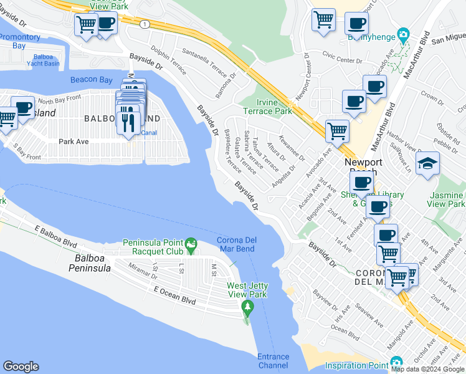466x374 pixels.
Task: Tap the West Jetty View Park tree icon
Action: pos(248,307)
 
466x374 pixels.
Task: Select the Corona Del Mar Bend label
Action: pos(235,245)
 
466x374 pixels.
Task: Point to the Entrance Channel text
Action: pos(273,361)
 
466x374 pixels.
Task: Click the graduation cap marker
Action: pos(427,163)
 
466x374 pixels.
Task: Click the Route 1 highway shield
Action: pos(145,24)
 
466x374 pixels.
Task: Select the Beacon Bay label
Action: pos(91,80)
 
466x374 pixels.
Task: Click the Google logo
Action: pos(21,367)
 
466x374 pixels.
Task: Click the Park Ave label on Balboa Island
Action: pos(74,141)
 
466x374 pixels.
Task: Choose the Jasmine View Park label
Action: pos(447,199)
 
